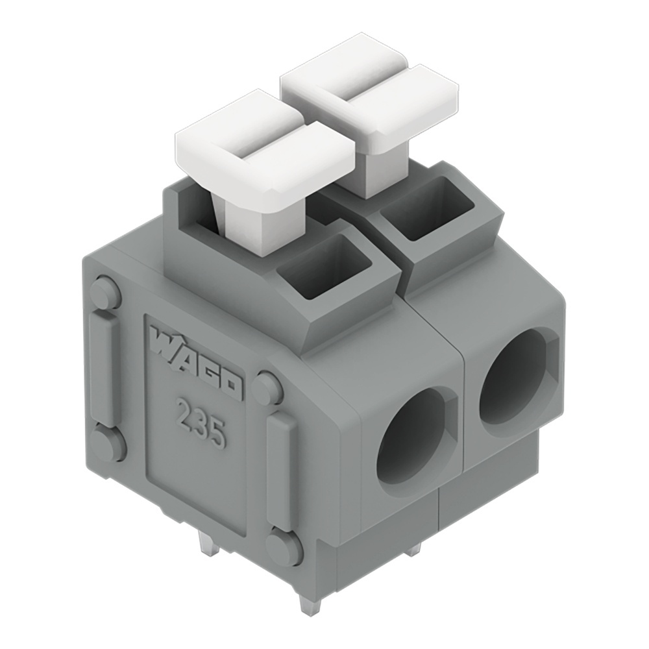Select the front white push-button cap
pos(266,153)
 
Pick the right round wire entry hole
pos(517,376)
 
